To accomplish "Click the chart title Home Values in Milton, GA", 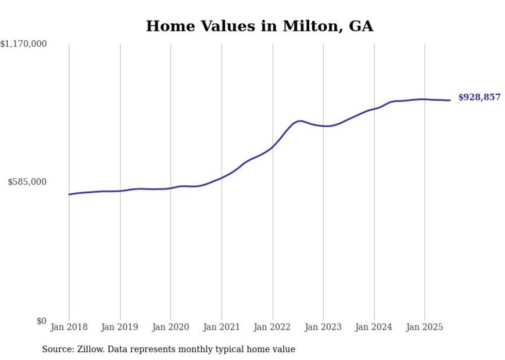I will [259, 26].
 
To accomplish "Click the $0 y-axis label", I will [41, 321].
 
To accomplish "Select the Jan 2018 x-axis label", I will [69, 327].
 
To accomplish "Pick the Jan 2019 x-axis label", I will [120, 327].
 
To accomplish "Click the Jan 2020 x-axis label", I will [171, 327].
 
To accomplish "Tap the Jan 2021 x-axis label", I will [222, 327].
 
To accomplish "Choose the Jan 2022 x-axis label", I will [273, 327].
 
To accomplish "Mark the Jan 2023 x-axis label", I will [323, 327].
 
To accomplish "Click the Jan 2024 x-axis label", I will [374, 327].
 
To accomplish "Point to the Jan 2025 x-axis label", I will [425, 327].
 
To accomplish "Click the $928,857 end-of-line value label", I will [479, 97].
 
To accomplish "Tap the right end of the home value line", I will [450, 100].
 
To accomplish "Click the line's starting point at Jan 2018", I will [69, 194].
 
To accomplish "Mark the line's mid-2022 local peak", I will [301, 121].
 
